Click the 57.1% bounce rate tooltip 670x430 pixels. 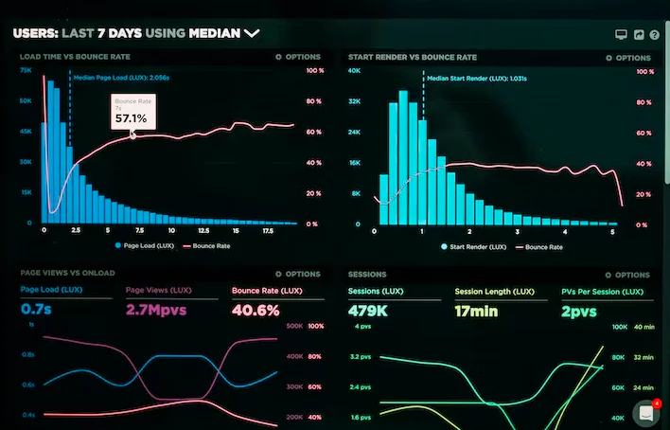point(131,113)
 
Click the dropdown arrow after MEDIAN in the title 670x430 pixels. point(252,33)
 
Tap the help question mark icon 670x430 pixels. point(654,35)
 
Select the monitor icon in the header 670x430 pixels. point(622,35)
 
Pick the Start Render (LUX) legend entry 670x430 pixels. point(473,245)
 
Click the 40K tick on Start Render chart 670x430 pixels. point(356,71)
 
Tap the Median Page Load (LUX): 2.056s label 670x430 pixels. point(119,79)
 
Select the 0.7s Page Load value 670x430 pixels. point(36,310)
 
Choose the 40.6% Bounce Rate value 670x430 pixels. point(255,310)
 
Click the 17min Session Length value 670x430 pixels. point(475,310)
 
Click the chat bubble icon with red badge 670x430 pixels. point(646,414)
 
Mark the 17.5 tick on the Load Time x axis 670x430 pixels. point(267,230)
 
